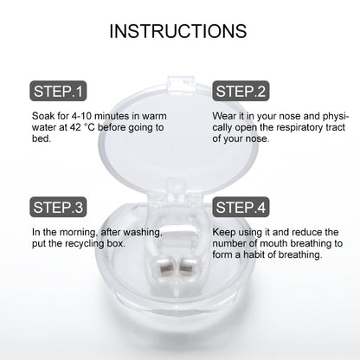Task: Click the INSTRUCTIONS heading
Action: (178, 31)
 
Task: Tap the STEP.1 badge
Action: (58, 91)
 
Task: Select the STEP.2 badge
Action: (241, 91)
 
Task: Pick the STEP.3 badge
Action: (58, 207)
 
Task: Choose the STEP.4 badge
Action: (241, 207)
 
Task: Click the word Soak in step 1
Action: (43, 116)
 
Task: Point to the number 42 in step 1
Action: (75, 127)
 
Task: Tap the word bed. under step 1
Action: (42, 138)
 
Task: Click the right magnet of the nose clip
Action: (188, 267)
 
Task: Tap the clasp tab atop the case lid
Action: (181, 85)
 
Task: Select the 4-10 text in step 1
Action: (81, 116)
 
